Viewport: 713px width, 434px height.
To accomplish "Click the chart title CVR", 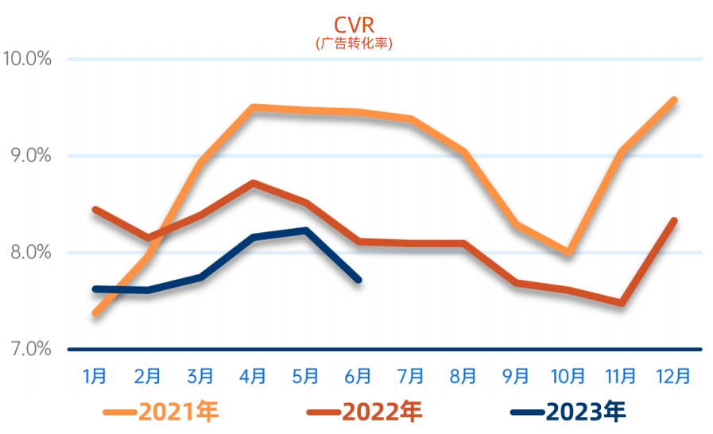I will pyautogui.click(x=354, y=25).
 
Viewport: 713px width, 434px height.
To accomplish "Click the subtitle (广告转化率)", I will pyautogui.click(x=354, y=42).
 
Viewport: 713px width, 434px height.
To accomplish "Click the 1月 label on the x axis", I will pyautogui.click(x=95, y=375).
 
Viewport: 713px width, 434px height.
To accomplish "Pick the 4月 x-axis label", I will pyautogui.click(x=253, y=375).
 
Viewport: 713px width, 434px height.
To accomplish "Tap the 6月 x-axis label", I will pyautogui.click(x=358, y=375).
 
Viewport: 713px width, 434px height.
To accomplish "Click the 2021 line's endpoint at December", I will pyautogui.click(x=673, y=100).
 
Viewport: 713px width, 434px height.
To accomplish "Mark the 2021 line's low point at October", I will pyautogui.click(x=568, y=252).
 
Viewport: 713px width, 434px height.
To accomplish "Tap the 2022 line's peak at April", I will pyautogui.click(x=253, y=184).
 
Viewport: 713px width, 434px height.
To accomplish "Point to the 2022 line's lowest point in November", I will pyautogui.click(x=621, y=303).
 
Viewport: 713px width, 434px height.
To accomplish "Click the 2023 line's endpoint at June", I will pyautogui.click(x=358, y=280).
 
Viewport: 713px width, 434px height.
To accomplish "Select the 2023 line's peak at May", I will pyautogui.click(x=306, y=231).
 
